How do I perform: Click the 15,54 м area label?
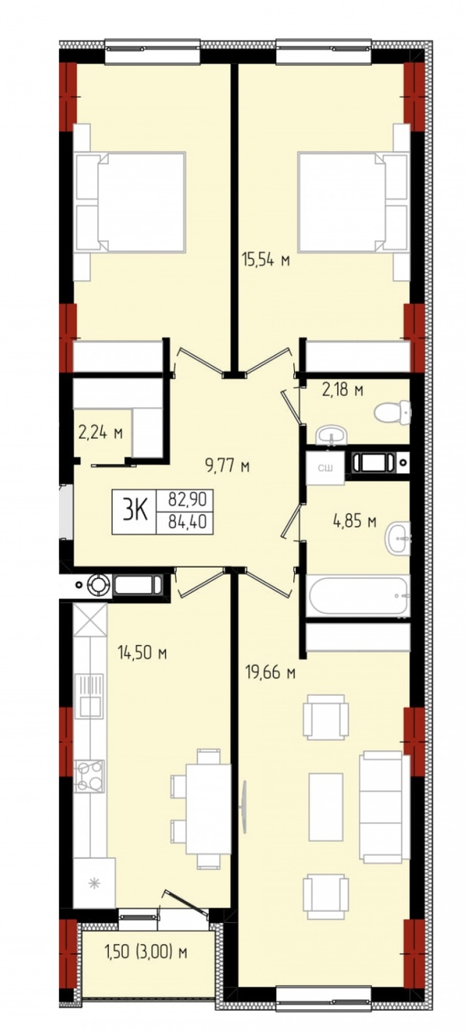266,260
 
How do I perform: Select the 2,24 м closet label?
100,433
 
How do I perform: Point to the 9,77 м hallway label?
228,466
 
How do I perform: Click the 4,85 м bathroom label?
355,521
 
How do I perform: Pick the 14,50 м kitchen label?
142,652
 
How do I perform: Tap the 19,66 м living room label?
270,673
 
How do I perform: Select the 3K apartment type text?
135,511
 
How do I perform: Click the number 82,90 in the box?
184,499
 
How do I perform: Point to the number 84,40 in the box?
184,522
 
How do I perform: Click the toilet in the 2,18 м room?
392,412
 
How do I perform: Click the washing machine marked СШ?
325,468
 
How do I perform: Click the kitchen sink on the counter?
90,695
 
